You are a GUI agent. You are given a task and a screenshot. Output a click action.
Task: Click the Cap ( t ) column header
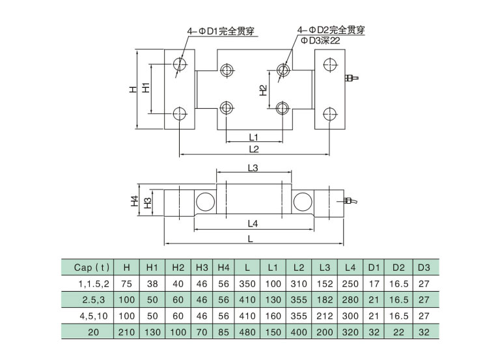91,268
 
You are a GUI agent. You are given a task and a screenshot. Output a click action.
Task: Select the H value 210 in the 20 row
126,331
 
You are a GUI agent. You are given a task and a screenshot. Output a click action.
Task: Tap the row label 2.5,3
91,299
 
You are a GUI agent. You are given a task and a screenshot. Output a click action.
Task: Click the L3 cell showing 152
324,284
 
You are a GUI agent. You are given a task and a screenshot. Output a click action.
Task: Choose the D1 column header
374,268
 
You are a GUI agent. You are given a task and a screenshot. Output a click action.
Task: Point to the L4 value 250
350,284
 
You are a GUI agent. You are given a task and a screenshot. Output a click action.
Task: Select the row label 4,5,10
91,316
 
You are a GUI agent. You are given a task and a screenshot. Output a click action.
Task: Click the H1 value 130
152,331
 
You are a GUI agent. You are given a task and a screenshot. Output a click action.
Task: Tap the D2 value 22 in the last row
398,331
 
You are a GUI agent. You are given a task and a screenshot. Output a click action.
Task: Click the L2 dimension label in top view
255,149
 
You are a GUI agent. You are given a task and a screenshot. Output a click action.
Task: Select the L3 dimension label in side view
254,168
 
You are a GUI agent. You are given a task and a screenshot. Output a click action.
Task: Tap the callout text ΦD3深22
321,40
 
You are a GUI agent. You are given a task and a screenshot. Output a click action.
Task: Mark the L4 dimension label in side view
254,223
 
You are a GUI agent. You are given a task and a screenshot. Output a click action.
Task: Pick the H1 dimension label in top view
146,87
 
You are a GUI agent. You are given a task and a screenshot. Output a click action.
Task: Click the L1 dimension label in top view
254,137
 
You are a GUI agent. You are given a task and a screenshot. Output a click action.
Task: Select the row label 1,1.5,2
91,284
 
